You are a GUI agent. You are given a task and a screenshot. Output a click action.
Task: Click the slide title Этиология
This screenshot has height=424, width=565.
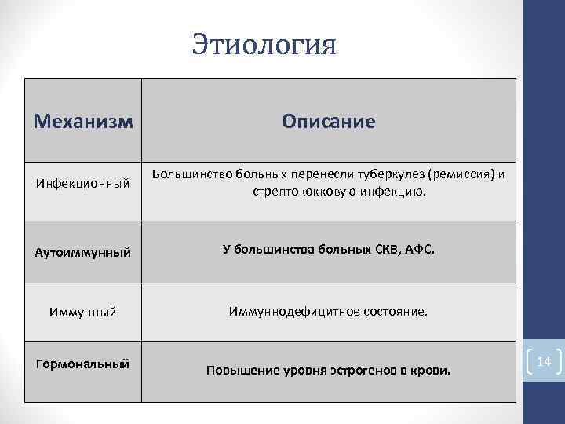click(x=264, y=44)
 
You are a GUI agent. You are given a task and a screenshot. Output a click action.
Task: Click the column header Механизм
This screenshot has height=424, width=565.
click(x=83, y=122)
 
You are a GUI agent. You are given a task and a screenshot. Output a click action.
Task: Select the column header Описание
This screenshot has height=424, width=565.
click(x=329, y=122)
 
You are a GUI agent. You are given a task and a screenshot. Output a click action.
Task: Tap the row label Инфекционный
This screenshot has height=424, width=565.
click(x=82, y=183)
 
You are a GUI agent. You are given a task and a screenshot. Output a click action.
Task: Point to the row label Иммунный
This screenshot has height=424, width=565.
click(x=82, y=313)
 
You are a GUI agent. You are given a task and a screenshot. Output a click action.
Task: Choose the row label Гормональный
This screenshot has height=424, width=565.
click(x=82, y=364)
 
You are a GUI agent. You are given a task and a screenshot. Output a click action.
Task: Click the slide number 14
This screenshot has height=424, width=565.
click(x=545, y=362)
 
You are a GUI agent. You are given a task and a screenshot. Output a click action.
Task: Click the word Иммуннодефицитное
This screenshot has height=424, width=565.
click(x=293, y=312)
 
